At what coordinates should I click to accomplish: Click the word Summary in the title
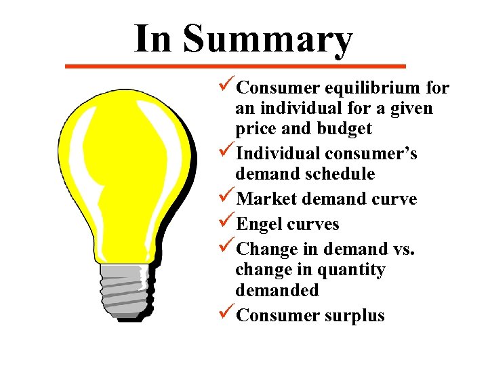click(x=268, y=39)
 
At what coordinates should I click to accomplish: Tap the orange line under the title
click(x=235, y=66)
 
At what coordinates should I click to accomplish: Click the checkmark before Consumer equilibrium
click(x=228, y=87)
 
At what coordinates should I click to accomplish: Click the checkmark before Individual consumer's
click(x=228, y=153)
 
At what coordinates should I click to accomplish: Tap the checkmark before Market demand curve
click(x=228, y=199)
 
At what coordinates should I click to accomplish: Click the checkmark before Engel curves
click(x=228, y=224)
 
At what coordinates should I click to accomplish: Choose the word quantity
click(x=351, y=270)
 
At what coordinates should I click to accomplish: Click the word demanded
click(x=277, y=290)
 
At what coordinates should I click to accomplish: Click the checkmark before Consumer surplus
click(x=228, y=314)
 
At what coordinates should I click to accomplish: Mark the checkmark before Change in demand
click(x=228, y=249)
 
